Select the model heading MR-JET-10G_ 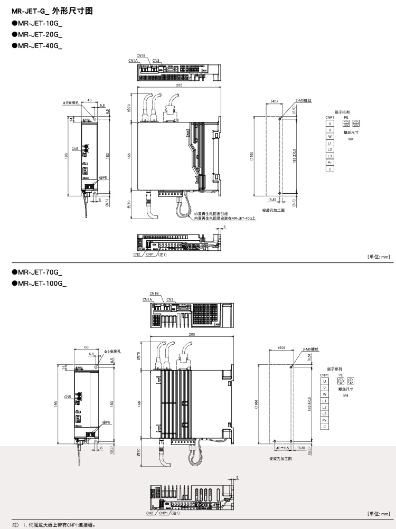[40, 24]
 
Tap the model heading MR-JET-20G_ [40, 35]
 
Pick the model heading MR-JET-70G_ [40, 272]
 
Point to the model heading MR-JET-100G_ [42, 284]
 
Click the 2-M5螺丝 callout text [304, 100]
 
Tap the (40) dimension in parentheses [274, 100]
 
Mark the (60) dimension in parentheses [281, 348]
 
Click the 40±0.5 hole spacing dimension [282, 448]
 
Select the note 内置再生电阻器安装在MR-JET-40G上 [224, 218]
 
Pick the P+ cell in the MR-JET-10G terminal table [329, 163]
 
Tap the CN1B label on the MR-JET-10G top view [141, 55]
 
